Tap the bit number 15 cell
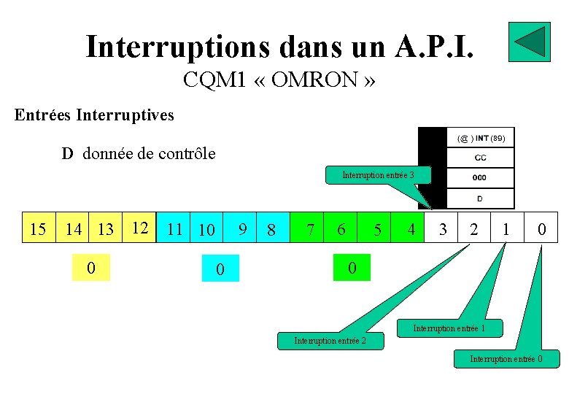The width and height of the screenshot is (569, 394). [38, 229]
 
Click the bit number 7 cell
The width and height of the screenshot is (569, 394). [311, 229]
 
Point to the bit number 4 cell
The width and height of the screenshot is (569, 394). [411, 229]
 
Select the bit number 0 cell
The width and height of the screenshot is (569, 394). [541, 229]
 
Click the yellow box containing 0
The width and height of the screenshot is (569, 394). [90, 268]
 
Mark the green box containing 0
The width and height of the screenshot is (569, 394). [352, 268]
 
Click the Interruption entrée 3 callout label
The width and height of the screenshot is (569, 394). [378, 175]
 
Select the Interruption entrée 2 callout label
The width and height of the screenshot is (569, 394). [330, 341]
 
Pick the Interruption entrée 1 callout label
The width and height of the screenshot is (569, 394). [449, 329]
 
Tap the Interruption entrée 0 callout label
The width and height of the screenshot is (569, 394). [506, 358]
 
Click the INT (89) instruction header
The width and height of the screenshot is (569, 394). [481, 137]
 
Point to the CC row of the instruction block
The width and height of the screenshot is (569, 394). [481, 157]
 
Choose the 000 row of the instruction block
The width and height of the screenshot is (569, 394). [479, 177]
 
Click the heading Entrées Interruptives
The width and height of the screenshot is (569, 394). [95, 115]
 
